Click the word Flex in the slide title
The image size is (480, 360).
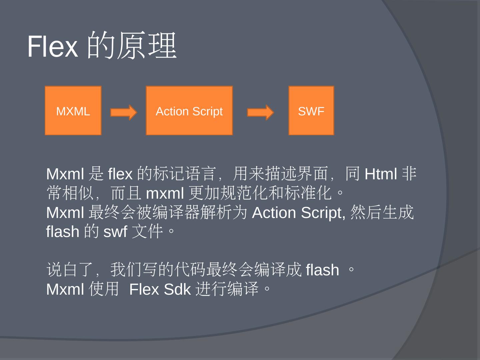[x=52, y=46]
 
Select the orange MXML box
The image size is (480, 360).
[x=73, y=111]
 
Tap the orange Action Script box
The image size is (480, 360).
[x=189, y=111]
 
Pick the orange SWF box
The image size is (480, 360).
[x=311, y=111]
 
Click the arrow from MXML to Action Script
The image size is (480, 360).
[x=123, y=112]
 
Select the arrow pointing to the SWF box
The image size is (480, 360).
[x=260, y=112]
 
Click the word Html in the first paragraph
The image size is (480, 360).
[x=381, y=174]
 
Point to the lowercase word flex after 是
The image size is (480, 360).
[x=120, y=174]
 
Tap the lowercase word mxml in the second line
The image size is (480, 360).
[x=165, y=193]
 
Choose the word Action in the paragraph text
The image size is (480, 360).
[x=274, y=213]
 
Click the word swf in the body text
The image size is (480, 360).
[x=115, y=232]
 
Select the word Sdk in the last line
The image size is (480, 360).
[x=177, y=289]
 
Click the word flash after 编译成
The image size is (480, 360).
[x=322, y=270]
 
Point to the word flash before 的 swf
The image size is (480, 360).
[x=63, y=232]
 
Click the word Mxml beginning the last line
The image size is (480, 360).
[x=65, y=289]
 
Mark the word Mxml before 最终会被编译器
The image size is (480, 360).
[x=65, y=213]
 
